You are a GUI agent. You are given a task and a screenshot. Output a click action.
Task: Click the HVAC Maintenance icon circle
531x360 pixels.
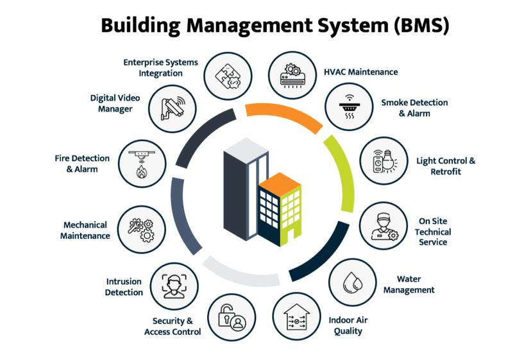(292, 73)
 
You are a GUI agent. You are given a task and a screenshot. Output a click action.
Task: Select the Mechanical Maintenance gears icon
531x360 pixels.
(142, 228)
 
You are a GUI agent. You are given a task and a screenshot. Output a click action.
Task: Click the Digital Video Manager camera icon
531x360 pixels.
(173, 107)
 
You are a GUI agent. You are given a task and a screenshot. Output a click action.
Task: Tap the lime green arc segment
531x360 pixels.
(342, 173)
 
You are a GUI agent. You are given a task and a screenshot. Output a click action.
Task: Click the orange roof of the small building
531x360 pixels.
(278, 182)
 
